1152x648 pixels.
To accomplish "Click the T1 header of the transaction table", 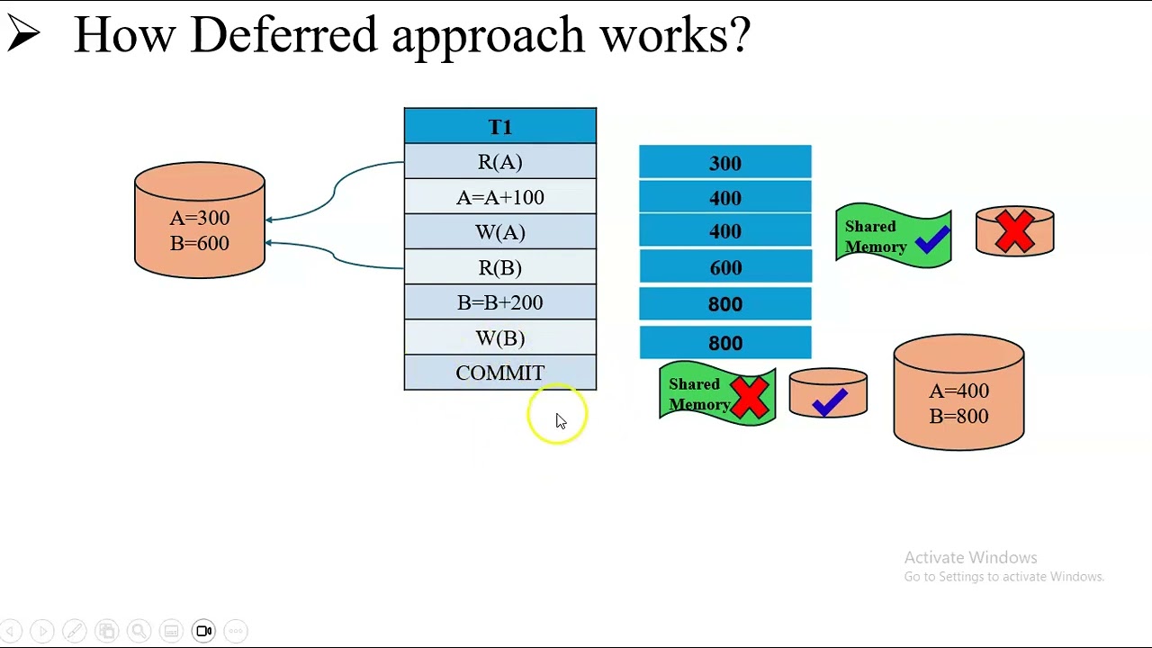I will (499, 126).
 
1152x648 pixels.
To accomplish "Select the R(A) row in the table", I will (499, 162).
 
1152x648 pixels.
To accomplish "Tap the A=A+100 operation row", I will (499, 197).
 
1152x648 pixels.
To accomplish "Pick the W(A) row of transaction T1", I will (499, 232).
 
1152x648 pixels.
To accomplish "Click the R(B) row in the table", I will (499, 267).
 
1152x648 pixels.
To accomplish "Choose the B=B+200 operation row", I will (499, 302).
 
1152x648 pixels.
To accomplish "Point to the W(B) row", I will (499, 337).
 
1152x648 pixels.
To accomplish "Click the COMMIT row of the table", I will (499, 373).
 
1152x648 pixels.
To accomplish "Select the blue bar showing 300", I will (724, 163).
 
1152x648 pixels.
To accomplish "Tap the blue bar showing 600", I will (724, 267).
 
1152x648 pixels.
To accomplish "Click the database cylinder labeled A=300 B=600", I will (200, 220).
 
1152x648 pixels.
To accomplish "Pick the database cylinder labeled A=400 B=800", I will (958, 393).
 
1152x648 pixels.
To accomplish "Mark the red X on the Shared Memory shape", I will (750, 395).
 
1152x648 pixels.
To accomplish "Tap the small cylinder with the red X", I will (1014, 231).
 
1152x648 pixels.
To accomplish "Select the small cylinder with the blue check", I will (828, 395).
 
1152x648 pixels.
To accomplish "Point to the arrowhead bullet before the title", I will (23, 34).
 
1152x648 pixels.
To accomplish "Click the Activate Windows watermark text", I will (970, 558).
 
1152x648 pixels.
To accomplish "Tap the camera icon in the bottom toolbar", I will (204, 631).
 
